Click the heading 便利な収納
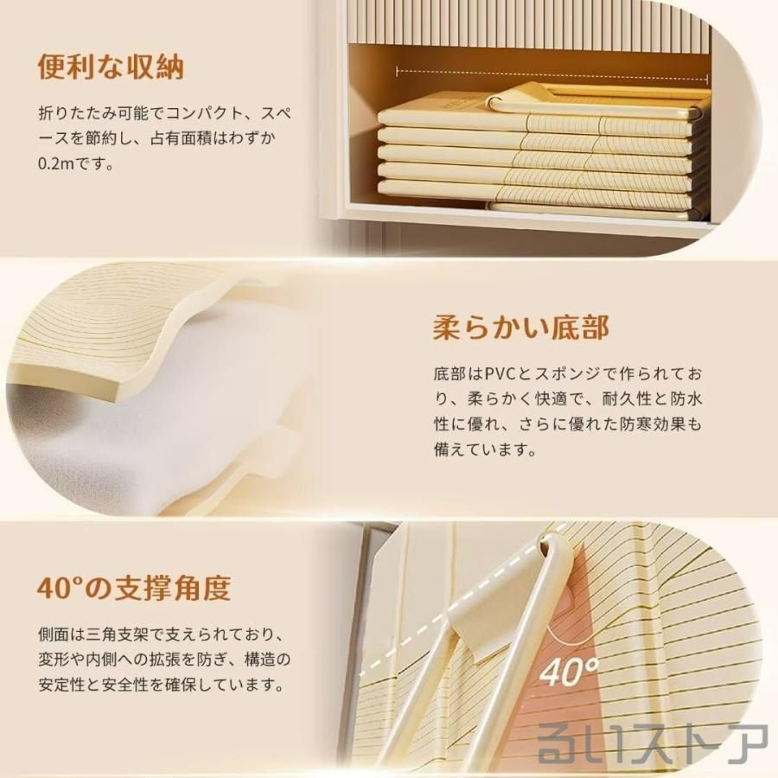[111, 67]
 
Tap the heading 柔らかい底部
[521, 327]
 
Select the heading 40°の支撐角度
[134, 588]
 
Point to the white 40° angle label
[569, 672]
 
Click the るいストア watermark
[653, 743]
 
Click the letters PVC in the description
[504, 373]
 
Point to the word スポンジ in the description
[569, 373]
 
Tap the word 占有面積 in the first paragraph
[181, 138]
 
